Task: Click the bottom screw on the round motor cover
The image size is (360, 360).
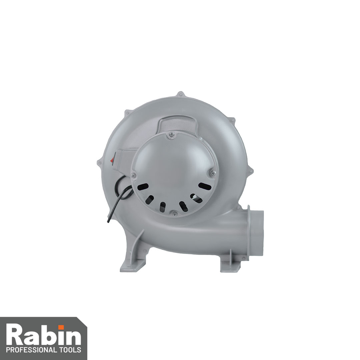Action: point(174,214)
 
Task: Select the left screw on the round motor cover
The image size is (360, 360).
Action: point(133,176)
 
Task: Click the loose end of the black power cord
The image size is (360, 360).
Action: point(108,221)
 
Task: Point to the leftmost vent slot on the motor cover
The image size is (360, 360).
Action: point(142,187)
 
